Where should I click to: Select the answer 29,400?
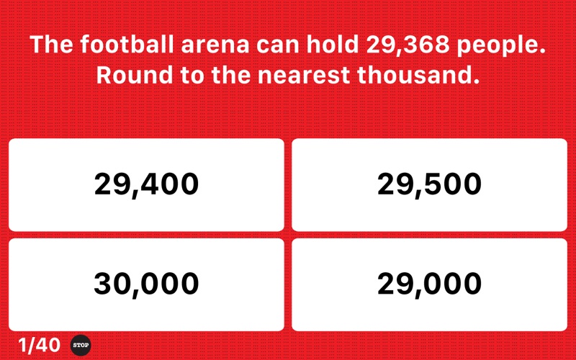tap(146, 185)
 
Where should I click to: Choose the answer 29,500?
tap(429, 185)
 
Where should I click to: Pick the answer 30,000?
tap(146, 284)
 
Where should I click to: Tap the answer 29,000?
tap(429, 284)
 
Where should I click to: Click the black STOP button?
tap(81, 346)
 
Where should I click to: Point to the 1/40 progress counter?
tap(39, 346)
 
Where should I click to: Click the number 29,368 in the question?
tap(408, 45)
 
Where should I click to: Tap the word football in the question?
tap(127, 44)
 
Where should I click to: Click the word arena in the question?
tap(215, 46)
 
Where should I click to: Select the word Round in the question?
tap(135, 75)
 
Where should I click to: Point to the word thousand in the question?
tap(418, 75)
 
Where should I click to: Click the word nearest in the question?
tap(304, 76)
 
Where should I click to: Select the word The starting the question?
tap(51, 44)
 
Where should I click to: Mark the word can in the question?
tap(278, 46)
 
